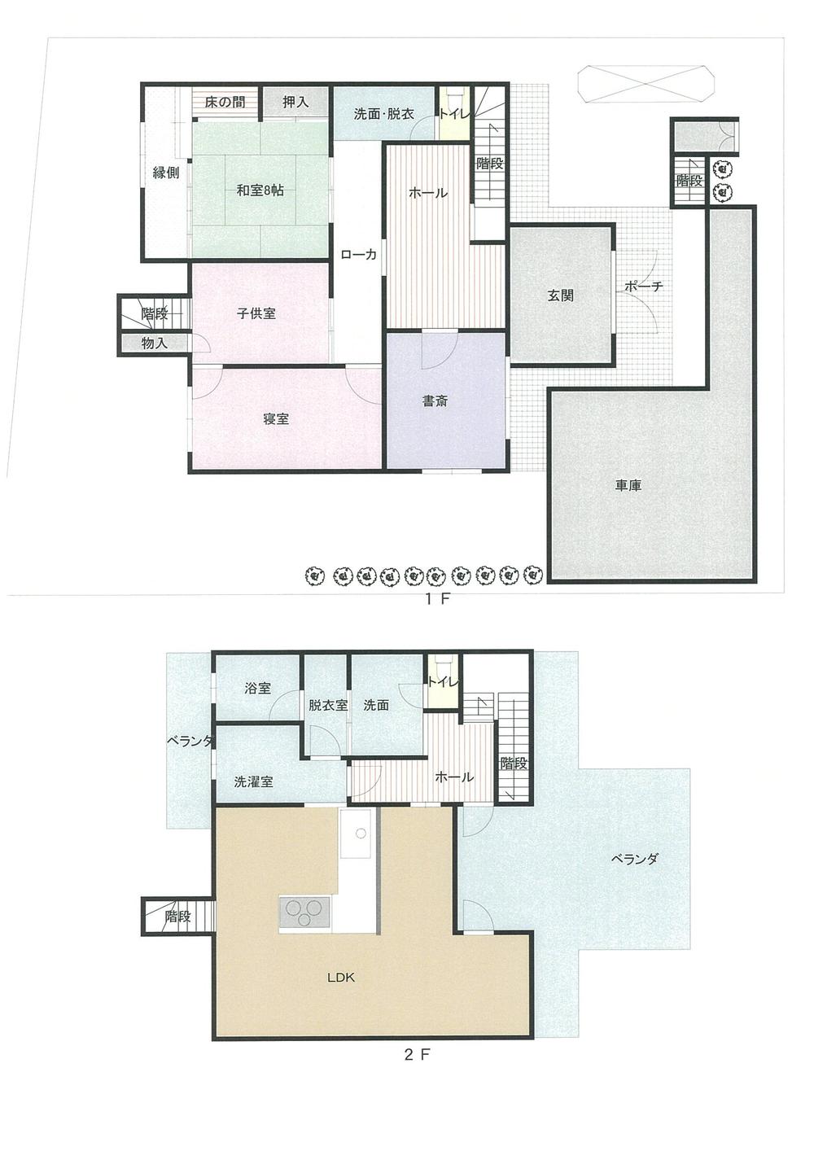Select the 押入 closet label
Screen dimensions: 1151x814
295,103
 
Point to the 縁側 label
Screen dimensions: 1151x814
166,173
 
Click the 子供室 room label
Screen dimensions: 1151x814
256,313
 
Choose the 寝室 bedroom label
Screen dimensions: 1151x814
276,419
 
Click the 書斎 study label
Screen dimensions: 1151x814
435,401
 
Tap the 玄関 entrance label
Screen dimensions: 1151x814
560,295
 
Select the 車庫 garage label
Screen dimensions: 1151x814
628,486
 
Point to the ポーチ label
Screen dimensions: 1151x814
644,287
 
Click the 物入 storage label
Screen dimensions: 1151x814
154,344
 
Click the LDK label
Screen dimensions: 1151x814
341,978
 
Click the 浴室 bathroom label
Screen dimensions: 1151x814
257,689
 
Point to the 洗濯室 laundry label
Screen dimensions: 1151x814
253,781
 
